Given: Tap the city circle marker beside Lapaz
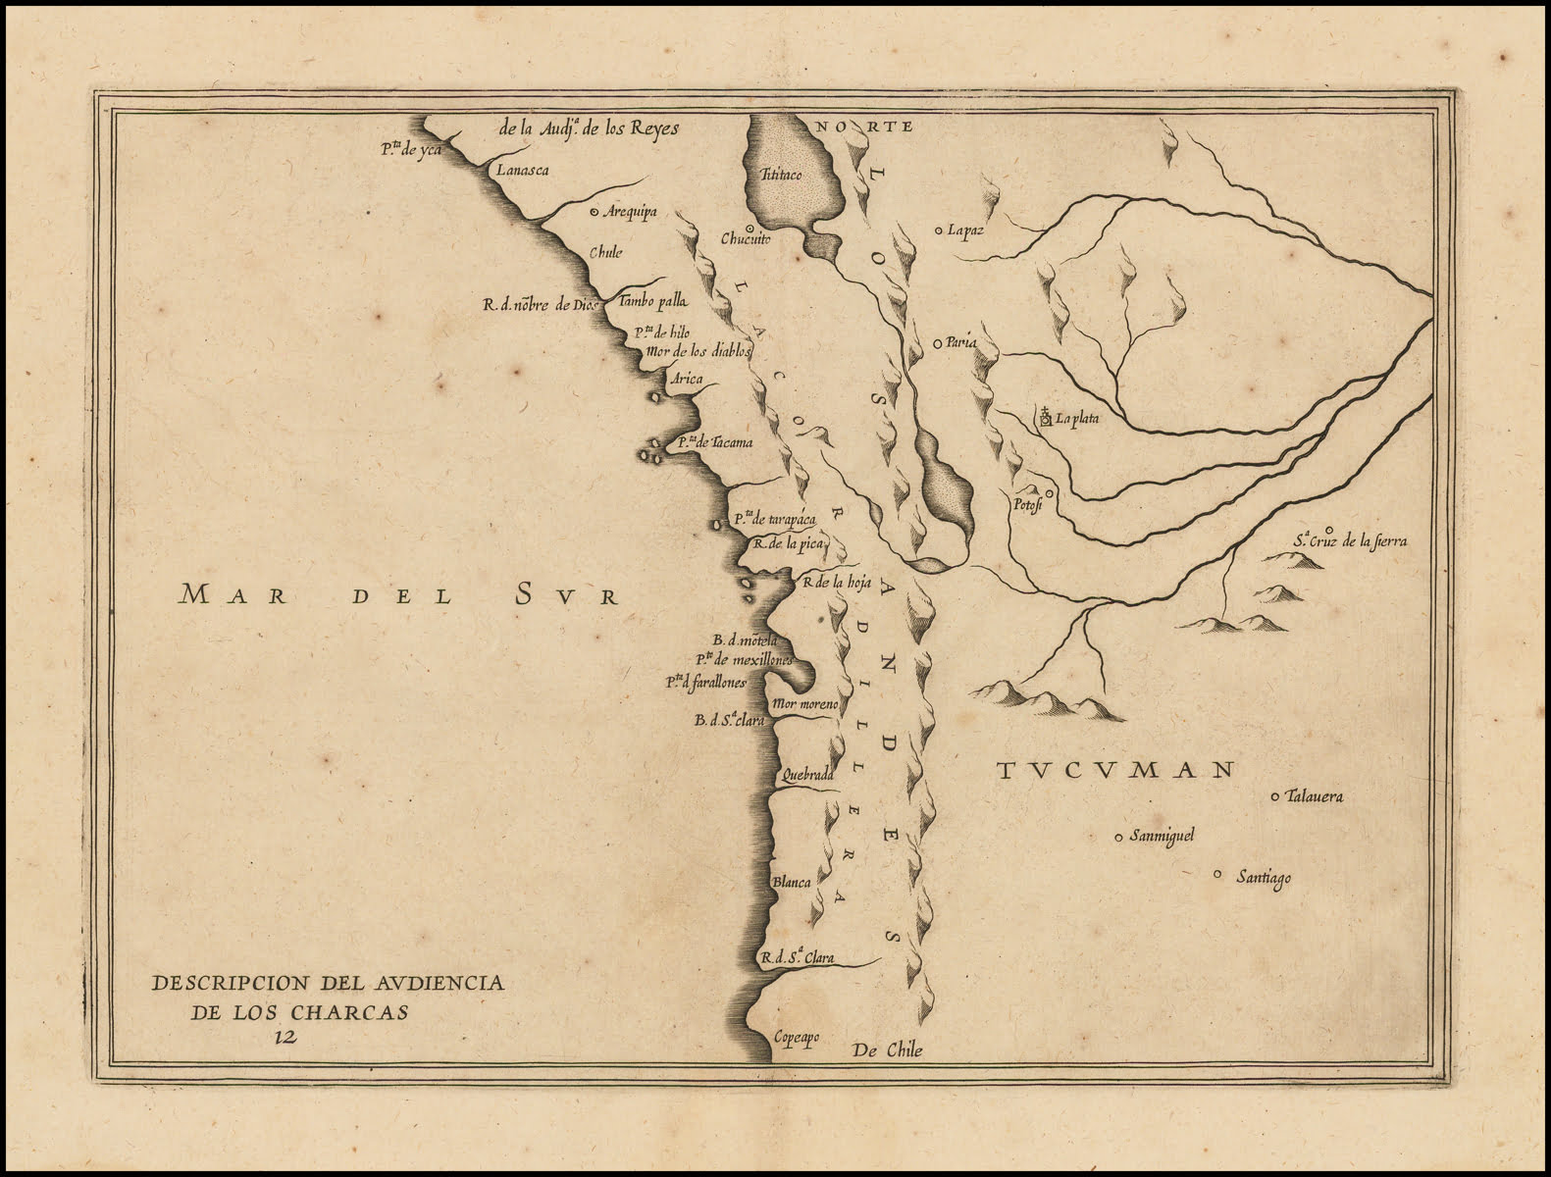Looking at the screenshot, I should pyautogui.click(x=939, y=230).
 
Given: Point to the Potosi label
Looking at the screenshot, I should pyautogui.click(x=1025, y=506).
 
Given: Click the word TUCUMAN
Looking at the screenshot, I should pyautogui.click(x=1114, y=770).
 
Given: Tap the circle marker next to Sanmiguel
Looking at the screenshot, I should pyautogui.click(x=1118, y=837).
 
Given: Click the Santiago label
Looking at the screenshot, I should pyautogui.click(x=1264, y=878).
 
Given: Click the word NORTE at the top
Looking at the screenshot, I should pyautogui.click(x=864, y=127).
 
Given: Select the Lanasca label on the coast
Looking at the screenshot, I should pyautogui.click(x=522, y=171).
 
